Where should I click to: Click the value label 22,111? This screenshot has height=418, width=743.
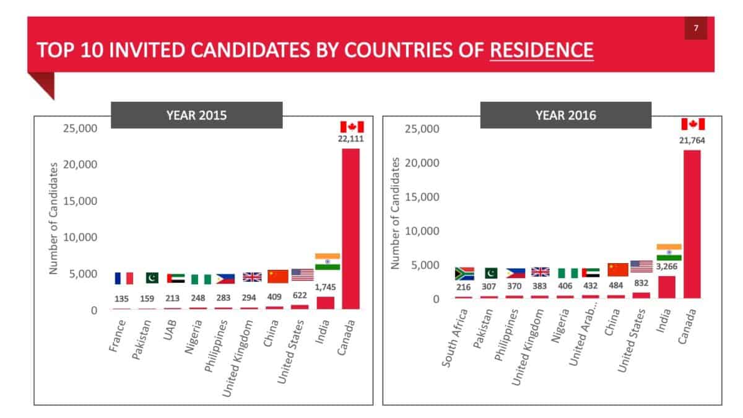click(x=351, y=139)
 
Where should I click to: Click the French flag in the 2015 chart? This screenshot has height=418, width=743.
click(x=124, y=278)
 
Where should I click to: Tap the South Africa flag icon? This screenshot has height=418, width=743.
click(x=464, y=273)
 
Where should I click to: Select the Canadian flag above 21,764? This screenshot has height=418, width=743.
click(x=693, y=124)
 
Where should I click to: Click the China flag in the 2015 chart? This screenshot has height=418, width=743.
click(x=278, y=276)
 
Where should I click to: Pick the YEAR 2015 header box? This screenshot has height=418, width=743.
click(x=196, y=115)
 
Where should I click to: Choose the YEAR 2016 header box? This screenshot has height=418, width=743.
click(x=565, y=115)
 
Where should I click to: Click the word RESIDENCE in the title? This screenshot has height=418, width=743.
click(x=541, y=50)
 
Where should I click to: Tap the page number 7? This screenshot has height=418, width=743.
click(x=696, y=28)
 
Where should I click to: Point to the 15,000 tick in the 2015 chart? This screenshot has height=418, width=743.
click(x=81, y=201)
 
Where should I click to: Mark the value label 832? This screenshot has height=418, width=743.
click(x=641, y=286)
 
